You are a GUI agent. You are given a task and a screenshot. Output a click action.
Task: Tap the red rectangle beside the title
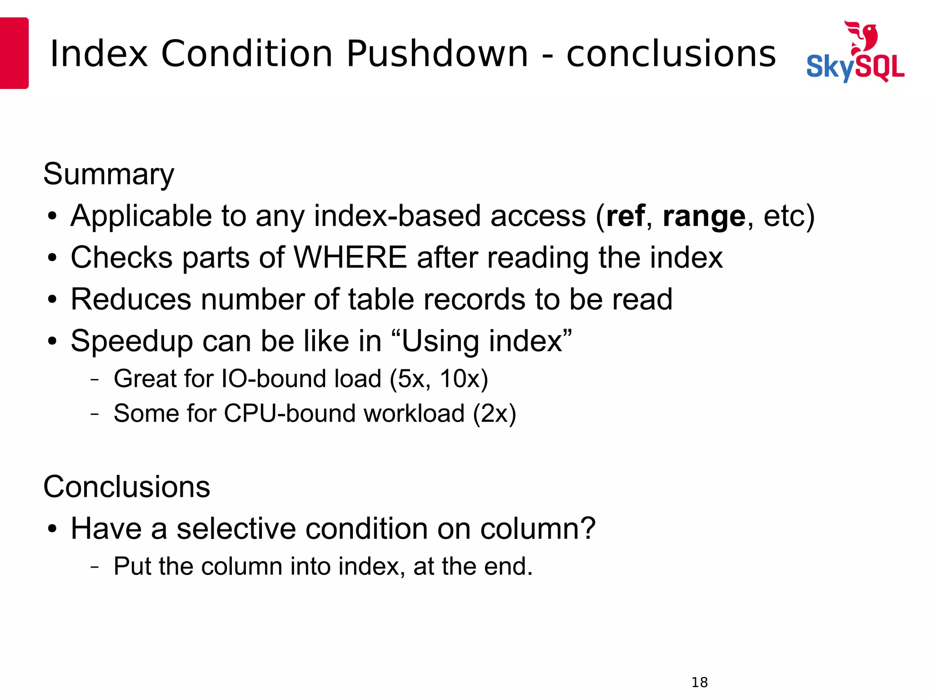click(14, 53)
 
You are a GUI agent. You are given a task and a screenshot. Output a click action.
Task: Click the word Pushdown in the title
click(437, 54)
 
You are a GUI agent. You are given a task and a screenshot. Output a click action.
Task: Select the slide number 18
click(699, 682)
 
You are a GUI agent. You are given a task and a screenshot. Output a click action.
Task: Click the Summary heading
click(109, 174)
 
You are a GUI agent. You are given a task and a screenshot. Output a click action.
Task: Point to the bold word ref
click(625, 216)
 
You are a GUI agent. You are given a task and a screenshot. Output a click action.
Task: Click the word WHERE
click(350, 258)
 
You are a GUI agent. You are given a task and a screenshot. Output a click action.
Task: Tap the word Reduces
click(131, 299)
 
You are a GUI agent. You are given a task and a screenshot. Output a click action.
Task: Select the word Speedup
click(131, 342)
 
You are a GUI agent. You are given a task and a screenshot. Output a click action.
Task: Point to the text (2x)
click(494, 414)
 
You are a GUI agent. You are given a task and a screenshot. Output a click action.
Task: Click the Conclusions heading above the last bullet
click(126, 487)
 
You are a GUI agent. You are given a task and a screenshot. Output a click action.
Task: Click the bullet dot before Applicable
click(52, 216)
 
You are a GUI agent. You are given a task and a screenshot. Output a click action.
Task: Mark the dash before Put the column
click(95, 567)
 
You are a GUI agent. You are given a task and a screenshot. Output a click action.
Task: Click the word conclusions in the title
click(671, 54)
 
